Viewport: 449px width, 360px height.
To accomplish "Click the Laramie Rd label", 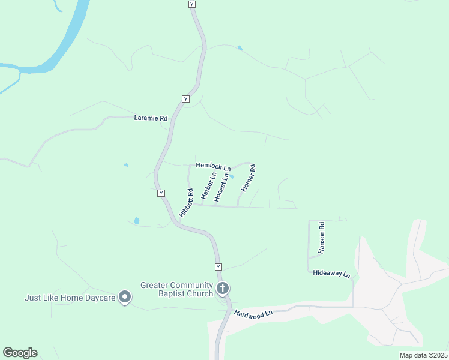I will pos(151,119).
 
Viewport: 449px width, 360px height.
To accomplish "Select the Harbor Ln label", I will pos(208,186).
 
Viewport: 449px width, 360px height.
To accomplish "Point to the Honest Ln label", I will pos(221,187).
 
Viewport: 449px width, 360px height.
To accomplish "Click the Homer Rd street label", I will pos(248,178).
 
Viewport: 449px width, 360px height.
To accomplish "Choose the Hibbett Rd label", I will pos(185,203).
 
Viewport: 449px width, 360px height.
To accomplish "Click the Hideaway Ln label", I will pos(331,273).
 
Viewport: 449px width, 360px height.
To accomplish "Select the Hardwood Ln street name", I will pos(253,313).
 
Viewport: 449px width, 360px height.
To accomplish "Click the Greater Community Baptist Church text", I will pos(177,289).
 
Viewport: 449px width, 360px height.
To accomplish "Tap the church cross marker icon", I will pos(223,289).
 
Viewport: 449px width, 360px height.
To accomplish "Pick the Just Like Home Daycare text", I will pos(70,298).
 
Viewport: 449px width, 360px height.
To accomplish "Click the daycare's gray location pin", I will pos(125,297).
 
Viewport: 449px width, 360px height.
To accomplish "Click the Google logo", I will pos(20,353).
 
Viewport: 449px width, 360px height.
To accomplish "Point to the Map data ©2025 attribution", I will pos(423,355).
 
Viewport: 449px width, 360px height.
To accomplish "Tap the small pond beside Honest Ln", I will pos(232,176).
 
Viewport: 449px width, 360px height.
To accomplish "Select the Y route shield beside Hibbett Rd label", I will pos(161,193).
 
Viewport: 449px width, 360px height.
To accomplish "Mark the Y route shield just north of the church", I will pos(218,266).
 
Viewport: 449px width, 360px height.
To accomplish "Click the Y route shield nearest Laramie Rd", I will pos(185,98).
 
